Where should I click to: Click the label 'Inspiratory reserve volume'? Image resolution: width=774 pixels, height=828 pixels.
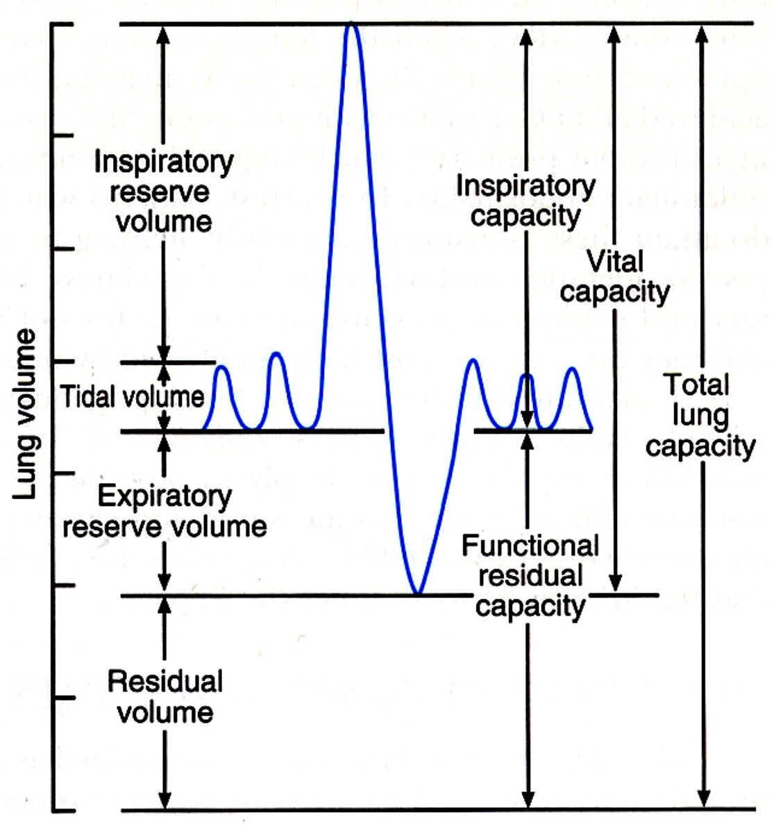[x=164, y=192]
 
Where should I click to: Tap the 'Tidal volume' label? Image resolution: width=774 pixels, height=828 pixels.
[x=132, y=396]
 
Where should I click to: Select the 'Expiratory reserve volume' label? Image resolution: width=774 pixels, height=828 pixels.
[x=165, y=512]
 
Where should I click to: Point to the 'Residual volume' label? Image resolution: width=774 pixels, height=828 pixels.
[x=165, y=697]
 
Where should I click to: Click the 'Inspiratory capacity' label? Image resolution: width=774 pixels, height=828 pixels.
[x=525, y=201]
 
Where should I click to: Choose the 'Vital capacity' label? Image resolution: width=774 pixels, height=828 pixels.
[x=614, y=277]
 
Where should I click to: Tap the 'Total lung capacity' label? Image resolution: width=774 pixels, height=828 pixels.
[x=700, y=415]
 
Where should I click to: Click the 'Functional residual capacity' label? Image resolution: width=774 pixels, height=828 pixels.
[x=530, y=576]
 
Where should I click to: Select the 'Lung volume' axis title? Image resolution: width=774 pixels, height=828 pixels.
[x=25, y=414]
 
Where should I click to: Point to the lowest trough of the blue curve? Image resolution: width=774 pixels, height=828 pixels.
[x=417, y=593]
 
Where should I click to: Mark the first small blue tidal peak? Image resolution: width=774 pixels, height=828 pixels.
[x=221, y=367]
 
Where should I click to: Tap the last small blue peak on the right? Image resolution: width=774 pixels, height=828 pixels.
[x=572, y=369]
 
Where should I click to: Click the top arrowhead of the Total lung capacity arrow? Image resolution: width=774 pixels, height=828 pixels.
[x=703, y=32]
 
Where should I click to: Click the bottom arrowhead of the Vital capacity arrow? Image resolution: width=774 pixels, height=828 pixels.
[x=615, y=585]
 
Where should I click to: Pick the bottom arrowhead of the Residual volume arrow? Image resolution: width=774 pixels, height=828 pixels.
[x=165, y=801]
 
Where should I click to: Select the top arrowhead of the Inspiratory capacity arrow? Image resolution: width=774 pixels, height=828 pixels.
[x=527, y=33]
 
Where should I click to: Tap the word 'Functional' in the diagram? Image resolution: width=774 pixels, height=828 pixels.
[x=530, y=546]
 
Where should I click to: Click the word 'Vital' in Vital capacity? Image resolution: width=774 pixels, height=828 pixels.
[x=615, y=262]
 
